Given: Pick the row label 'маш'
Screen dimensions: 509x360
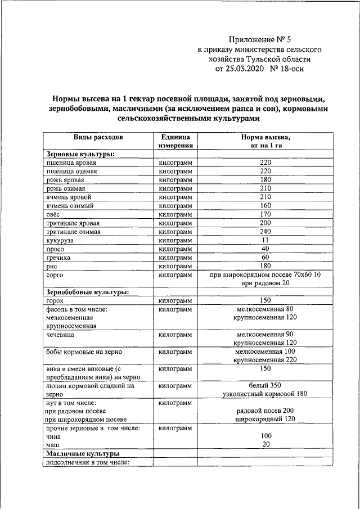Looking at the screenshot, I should click(53, 444).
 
